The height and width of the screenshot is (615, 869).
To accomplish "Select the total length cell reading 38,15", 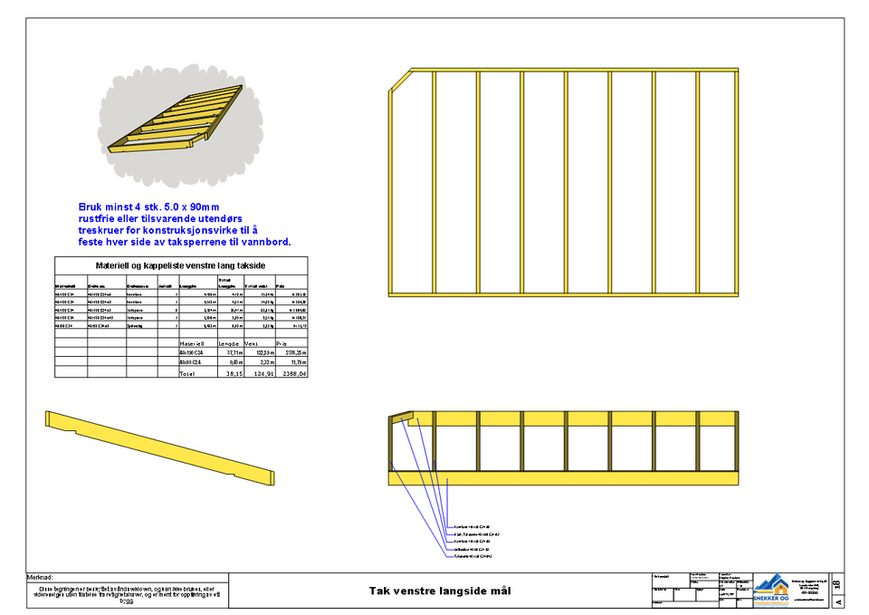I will [234, 373].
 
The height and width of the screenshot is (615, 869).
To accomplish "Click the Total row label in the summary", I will [187, 373].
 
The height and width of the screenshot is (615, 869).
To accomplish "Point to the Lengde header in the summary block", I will [231, 344].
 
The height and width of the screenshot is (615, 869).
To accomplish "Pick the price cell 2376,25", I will [295, 353].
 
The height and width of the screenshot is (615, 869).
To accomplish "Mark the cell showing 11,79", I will [298, 362].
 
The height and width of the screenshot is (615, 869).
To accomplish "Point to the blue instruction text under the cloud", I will [181, 225].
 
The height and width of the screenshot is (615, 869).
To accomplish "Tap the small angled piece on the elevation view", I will [401, 418].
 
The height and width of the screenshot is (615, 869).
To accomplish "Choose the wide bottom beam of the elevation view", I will [563, 478].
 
